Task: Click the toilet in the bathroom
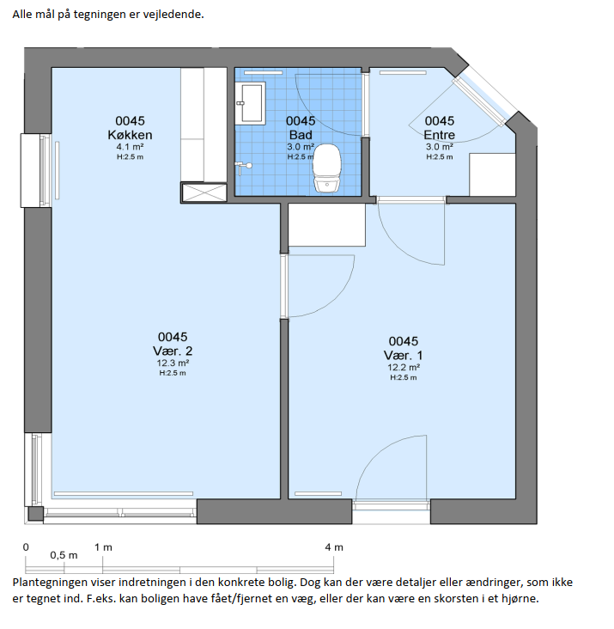point(326,168)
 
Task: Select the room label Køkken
point(130,135)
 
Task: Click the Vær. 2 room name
point(173,351)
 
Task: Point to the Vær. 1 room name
point(404,356)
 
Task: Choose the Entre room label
point(440,135)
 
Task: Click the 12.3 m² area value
point(173,363)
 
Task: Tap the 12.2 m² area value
point(404,368)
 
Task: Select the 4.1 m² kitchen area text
point(130,147)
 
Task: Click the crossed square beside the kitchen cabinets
point(204,192)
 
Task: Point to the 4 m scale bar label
point(334,547)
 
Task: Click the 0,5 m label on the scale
point(64,556)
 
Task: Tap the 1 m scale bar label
point(103,547)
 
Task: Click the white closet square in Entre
point(492,175)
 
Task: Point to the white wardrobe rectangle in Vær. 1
point(327,225)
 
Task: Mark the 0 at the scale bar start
point(26,547)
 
